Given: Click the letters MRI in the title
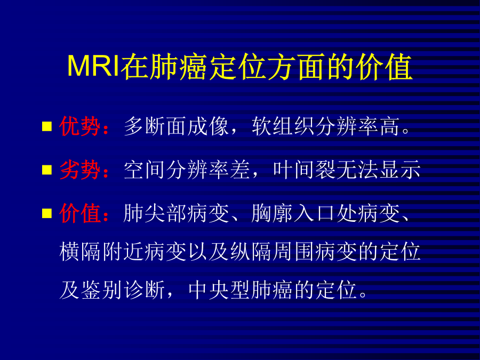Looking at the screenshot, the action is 93,66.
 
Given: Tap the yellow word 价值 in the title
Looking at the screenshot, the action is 383,67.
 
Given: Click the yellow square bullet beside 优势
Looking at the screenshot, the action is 47,126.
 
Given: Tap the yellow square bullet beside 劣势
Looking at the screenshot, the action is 47,170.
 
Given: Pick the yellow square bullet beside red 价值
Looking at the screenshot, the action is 47,213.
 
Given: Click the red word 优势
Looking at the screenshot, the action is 80,126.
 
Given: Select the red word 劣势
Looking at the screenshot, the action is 80,170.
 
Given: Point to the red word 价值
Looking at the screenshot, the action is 80,213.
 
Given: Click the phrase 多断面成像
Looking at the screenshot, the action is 177,126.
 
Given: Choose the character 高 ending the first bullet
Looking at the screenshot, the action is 389,126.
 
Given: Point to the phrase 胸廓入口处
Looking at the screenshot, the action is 305,213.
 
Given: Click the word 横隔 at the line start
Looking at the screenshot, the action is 80,252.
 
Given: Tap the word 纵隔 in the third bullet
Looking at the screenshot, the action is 251,252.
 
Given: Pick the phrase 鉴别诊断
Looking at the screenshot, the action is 123,290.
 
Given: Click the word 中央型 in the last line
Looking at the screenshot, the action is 220,290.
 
